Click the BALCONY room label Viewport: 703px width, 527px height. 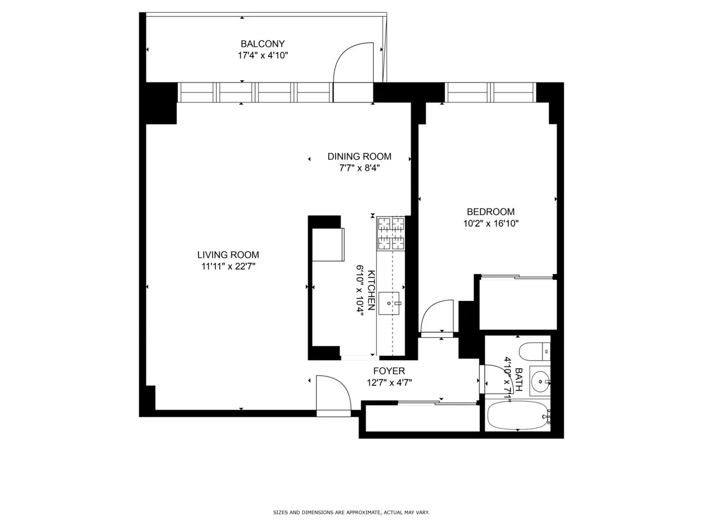tap(262, 44)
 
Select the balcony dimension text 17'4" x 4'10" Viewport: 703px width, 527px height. tap(262, 56)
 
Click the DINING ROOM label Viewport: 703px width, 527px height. tap(359, 156)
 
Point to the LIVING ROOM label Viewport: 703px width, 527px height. tap(228, 255)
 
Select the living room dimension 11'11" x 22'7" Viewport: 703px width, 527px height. tap(228, 266)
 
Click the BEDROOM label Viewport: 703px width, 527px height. tap(490, 212)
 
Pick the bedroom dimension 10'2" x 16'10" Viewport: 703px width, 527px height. tap(490, 223)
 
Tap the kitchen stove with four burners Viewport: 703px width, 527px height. tap(391, 233)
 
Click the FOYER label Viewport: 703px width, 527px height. tap(389, 371)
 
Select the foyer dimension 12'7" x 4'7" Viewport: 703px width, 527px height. tap(389, 382)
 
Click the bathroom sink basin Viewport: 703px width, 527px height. tap(539, 381)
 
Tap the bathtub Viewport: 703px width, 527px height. tap(517, 416)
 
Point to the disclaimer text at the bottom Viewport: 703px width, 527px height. tap(351, 512)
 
